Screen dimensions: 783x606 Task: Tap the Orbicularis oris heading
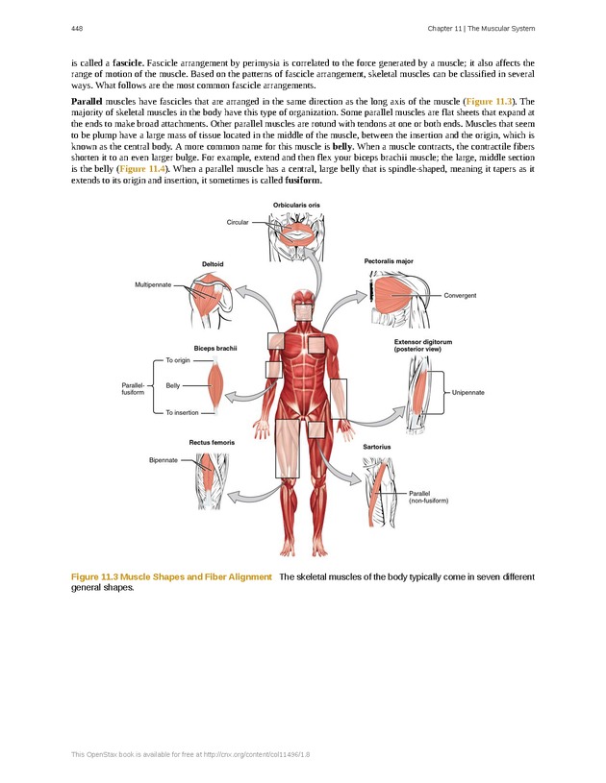pyautogui.click(x=296, y=205)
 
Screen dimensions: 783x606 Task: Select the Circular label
pyautogui.click(x=238, y=222)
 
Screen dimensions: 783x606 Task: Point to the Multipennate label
pyautogui.click(x=153, y=284)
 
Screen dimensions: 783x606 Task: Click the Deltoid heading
pyautogui.click(x=214, y=264)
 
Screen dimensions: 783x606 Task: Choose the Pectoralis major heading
pyautogui.click(x=389, y=260)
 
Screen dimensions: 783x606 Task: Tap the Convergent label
pyautogui.click(x=460, y=295)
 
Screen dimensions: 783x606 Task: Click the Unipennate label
pyautogui.click(x=467, y=392)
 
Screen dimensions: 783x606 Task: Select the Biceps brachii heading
pyautogui.click(x=215, y=348)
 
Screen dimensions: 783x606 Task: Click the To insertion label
pyautogui.click(x=182, y=412)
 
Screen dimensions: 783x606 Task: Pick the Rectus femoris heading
pyautogui.click(x=212, y=442)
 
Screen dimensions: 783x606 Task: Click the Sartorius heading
pyautogui.click(x=376, y=447)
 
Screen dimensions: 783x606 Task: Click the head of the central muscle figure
pyautogui.click(x=303, y=301)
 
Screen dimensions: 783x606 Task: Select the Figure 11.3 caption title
pyautogui.click(x=171, y=576)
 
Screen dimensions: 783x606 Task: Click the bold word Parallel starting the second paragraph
pyautogui.click(x=88, y=100)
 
